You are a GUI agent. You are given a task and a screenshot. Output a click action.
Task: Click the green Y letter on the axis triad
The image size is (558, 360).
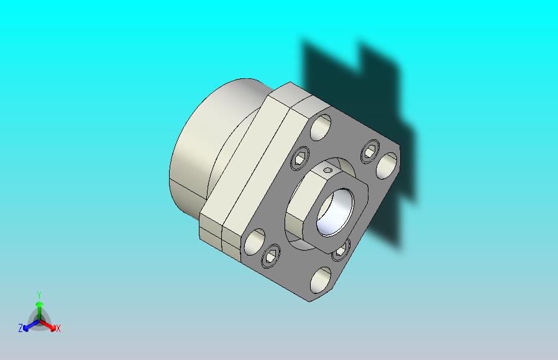[x=39, y=295]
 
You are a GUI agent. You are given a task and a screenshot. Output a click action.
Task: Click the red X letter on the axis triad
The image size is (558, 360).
[x=58, y=329]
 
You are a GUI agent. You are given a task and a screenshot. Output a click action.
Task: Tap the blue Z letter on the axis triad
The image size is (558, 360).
[x=21, y=328]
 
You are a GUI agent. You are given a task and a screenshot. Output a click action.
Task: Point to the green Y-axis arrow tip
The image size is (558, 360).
[x=39, y=304]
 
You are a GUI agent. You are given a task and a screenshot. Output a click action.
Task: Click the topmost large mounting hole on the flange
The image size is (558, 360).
[x=322, y=127]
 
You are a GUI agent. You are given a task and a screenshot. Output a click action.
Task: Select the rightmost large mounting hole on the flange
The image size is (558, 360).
[x=386, y=165]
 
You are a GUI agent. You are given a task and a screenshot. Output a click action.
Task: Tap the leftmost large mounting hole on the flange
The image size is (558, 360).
[x=255, y=241]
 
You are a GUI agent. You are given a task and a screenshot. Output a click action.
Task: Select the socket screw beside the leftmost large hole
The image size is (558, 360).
[x=272, y=256]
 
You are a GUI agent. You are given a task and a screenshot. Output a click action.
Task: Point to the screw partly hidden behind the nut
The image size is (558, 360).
[x=340, y=252]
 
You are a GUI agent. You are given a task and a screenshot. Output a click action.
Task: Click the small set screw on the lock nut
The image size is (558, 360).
[x=328, y=169]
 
